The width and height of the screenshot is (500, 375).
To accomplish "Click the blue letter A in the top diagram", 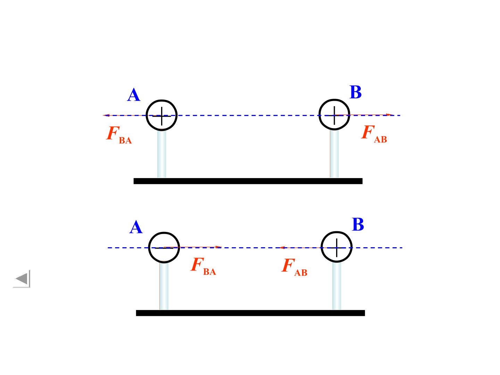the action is click(133, 95).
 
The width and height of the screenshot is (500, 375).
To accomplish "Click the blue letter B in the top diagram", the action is click(355, 92).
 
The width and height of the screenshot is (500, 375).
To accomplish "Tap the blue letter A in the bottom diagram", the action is click(136, 227).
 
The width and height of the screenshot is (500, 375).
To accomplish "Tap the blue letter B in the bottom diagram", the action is click(358, 224).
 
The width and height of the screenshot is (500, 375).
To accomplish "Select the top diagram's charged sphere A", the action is click(146, 115).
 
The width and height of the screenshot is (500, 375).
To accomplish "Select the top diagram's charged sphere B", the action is click(319, 115).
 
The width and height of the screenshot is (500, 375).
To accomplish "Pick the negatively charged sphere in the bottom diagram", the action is click(149, 248).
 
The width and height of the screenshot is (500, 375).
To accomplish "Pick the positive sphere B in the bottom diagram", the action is click(322, 247).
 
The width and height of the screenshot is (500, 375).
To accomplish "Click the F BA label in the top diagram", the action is click(119, 135).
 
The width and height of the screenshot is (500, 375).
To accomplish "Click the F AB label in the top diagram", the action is click(374, 134).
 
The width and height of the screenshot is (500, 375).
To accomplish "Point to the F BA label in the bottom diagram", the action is click(203, 266).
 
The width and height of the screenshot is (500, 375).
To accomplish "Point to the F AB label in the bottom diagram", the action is click(294, 267).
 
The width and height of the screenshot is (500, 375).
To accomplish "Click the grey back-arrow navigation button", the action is click(22, 279).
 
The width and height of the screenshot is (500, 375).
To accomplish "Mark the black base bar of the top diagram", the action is click(248, 181).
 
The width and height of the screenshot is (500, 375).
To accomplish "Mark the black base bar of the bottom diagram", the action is click(250, 313).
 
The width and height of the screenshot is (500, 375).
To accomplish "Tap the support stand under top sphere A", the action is click(161, 154).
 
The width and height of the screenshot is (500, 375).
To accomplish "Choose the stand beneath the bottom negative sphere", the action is click(164, 285).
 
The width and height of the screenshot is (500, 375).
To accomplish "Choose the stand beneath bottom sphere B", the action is click(336, 285).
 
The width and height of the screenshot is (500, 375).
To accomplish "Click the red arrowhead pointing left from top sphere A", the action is click(106, 115).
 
